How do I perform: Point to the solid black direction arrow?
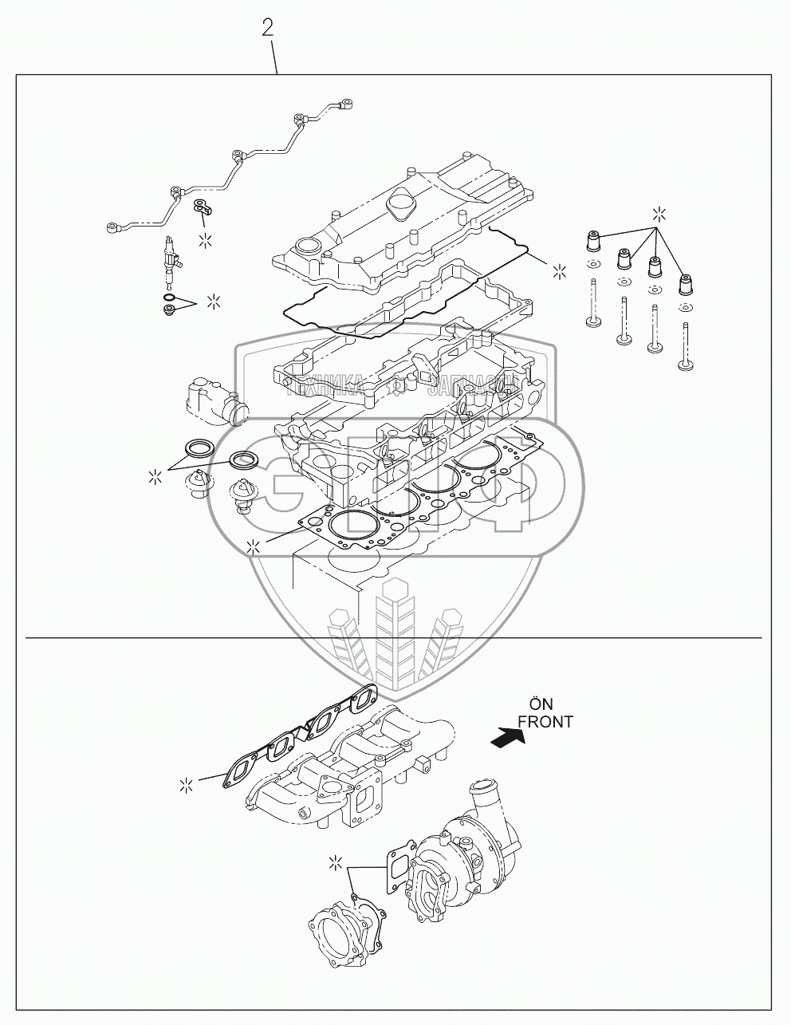pyautogui.click(x=508, y=739)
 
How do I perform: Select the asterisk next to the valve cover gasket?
pyautogui.click(x=561, y=270)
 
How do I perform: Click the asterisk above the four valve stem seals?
pyautogui.click(x=659, y=213)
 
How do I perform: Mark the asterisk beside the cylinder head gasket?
pyautogui.click(x=254, y=546)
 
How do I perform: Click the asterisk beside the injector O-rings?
pyautogui.click(x=213, y=301)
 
